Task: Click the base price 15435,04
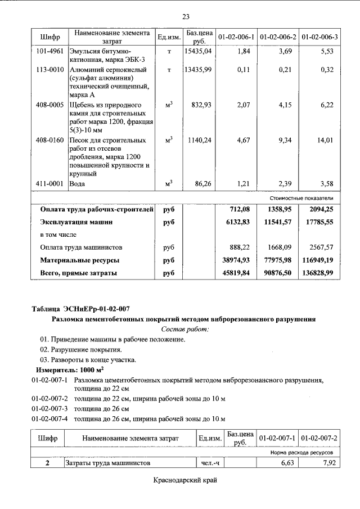coord(197,51)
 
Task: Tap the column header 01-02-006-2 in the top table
coord(278,37)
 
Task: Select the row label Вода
coord(77,184)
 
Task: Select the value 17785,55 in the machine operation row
coord(318,222)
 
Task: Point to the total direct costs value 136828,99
coord(317,273)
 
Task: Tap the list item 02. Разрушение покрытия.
coord(80,350)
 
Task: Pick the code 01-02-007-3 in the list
coord(49,408)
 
